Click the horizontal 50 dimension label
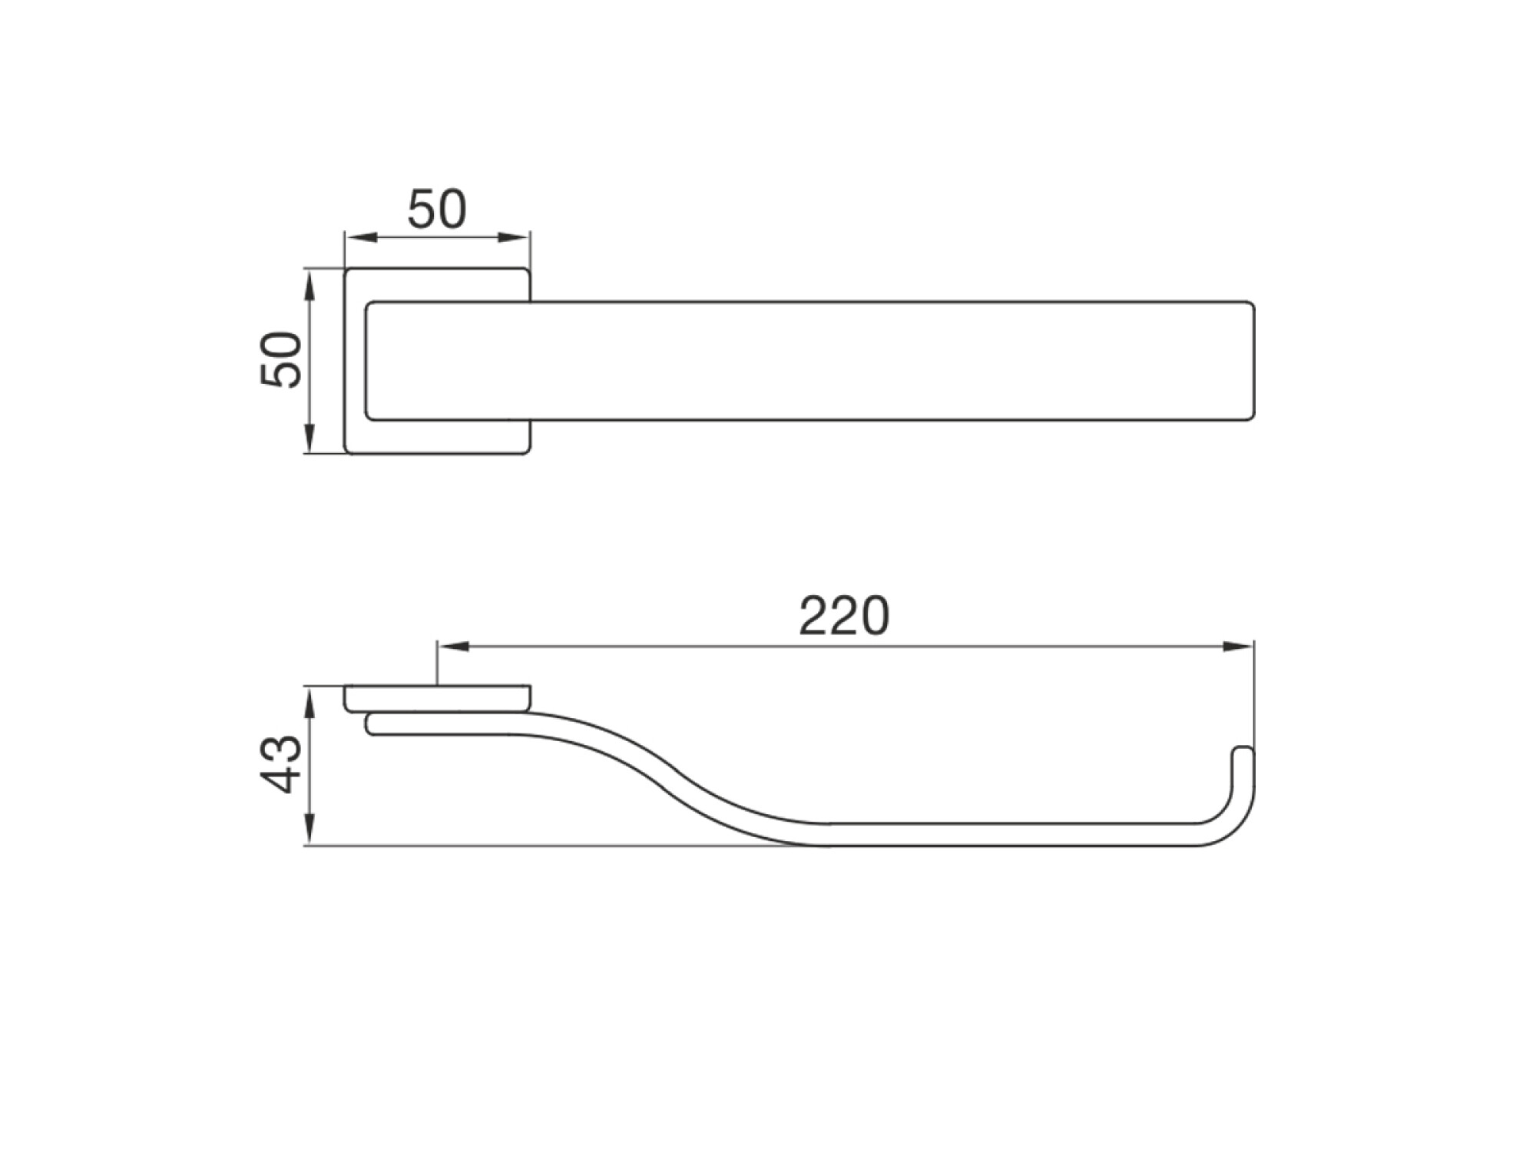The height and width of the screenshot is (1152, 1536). [x=436, y=209]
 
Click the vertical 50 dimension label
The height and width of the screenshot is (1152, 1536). [x=280, y=359]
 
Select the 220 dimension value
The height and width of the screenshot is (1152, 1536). [x=844, y=615]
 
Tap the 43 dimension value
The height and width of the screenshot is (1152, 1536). [x=280, y=764]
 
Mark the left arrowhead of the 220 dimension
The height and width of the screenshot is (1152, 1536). [x=452, y=647]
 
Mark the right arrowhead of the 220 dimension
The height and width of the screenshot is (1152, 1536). [x=1239, y=647]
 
